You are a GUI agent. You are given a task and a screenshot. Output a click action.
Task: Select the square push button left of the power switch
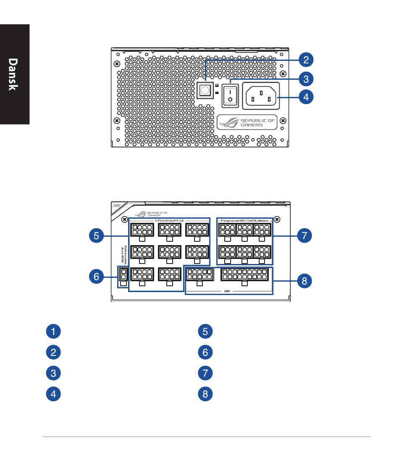[205, 89]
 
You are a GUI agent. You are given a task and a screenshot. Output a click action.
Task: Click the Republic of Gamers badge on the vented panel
[247, 122]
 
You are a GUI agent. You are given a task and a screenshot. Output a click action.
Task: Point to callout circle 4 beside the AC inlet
[306, 97]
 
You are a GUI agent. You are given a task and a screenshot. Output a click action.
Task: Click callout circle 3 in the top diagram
[306, 78]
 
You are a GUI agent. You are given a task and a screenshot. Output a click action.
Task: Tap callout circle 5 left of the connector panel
[96, 236]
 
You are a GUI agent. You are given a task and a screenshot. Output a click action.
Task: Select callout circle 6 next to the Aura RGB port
[96, 277]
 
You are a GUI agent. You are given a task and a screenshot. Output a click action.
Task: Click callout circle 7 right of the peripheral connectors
[304, 236]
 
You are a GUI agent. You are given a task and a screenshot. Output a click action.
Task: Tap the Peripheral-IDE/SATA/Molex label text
[244, 220]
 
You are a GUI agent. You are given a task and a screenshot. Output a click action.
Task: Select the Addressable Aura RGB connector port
[123, 274]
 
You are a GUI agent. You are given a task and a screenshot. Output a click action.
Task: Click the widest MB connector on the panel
[244, 275]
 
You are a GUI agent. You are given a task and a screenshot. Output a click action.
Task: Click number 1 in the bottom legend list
[53, 331]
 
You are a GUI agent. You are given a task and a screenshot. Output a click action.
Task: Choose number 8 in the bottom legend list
[205, 394]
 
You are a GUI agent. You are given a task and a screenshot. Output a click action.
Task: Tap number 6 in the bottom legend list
[205, 352]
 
